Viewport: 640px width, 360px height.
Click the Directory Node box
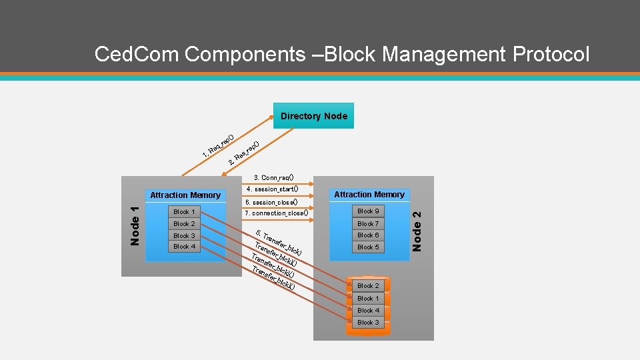313,116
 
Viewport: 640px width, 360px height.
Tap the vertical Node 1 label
134,226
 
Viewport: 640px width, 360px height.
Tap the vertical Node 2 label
417,231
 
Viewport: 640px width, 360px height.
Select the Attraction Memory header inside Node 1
185,195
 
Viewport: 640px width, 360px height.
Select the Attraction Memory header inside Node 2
369,194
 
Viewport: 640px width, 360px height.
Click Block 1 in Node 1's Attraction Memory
184,212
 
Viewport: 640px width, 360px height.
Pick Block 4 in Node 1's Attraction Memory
184,247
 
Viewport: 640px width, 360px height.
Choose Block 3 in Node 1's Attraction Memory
184,235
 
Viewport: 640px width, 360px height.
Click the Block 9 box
368,211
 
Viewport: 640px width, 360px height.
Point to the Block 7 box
368,223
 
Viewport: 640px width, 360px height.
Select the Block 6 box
368,235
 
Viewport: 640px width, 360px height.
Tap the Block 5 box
368,247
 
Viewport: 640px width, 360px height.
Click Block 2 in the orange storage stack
368,286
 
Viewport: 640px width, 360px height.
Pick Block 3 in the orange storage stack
368,323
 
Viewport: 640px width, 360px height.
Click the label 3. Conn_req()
273,178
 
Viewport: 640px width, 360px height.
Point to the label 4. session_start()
271,189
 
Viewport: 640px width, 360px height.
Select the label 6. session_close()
271,201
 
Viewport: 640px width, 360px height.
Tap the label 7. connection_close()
276,213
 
